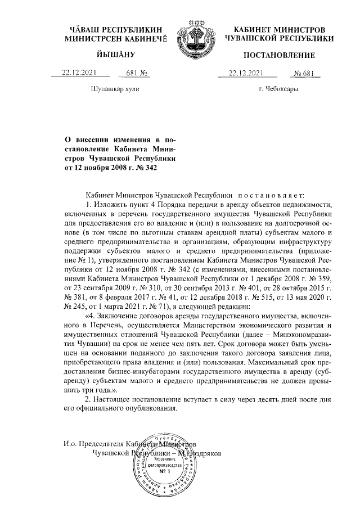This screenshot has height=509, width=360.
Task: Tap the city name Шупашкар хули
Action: [x=114, y=89]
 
